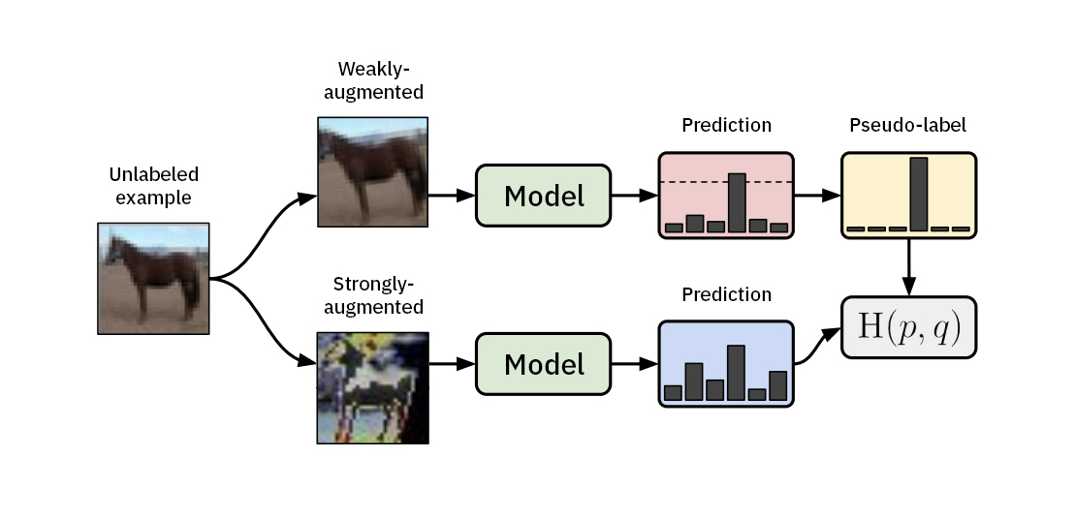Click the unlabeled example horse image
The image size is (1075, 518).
click(x=154, y=278)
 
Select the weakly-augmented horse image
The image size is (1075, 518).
click(x=372, y=172)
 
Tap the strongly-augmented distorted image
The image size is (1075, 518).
click(x=372, y=387)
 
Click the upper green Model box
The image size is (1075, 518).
click(x=543, y=196)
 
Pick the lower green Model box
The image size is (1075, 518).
click(x=543, y=364)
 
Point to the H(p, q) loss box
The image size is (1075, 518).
click(x=908, y=328)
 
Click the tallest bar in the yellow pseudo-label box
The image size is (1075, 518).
click(x=918, y=193)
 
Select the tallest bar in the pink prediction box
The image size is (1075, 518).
click(x=737, y=202)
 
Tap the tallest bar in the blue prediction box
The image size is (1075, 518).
click(x=736, y=373)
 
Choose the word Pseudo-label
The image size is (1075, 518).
click(x=907, y=125)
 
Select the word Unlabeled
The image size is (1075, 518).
click(x=153, y=175)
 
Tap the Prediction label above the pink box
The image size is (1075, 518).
click(x=726, y=125)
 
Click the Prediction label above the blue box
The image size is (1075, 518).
click(x=726, y=294)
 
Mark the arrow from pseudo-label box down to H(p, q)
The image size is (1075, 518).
click(x=908, y=267)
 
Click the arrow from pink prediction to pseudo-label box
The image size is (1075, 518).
click(x=816, y=196)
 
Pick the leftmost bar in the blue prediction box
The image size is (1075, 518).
click(x=673, y=392)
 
